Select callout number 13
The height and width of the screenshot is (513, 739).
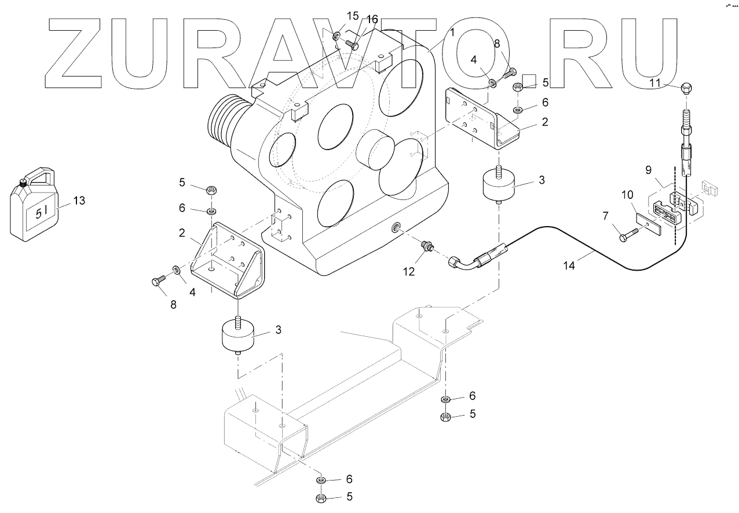(x=79, y=201)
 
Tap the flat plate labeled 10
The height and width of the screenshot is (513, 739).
(x=649, y=224)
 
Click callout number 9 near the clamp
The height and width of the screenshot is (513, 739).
(x=648, y=170)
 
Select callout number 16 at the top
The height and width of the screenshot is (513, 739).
(x=372, y=20)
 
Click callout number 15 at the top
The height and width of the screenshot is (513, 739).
(x=352, y=16)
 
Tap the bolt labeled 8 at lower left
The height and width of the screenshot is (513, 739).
(x=158, y=282)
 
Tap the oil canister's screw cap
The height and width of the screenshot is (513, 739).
(x=23, y=182)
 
